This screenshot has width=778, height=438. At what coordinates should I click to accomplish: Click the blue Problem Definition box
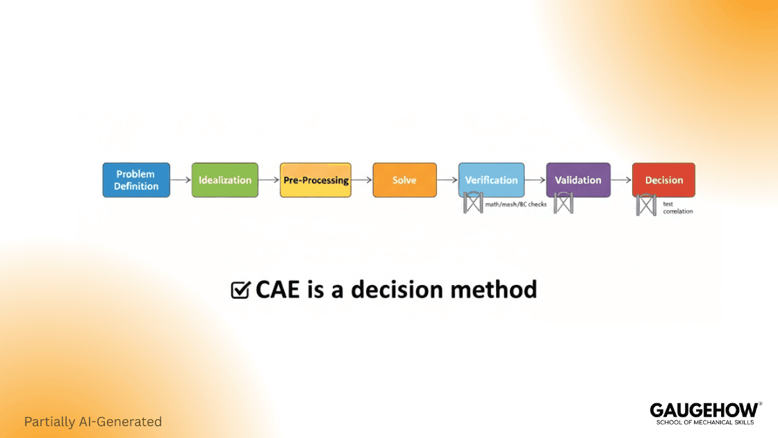coord(136,180)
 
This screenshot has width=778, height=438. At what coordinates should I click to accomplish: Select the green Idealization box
coord(225,180)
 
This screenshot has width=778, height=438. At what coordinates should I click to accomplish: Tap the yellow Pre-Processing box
coord(315,180)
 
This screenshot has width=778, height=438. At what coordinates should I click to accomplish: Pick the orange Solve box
coord(404,180)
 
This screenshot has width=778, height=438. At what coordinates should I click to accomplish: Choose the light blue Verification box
coord(491,180)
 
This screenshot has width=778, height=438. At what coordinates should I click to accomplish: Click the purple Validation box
coord(578,180)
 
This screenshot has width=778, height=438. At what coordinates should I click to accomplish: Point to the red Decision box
coord(663,180)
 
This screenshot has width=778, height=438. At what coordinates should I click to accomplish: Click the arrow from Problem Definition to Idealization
coord(181,180)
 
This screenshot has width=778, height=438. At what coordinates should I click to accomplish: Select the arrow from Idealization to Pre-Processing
coord(269,180)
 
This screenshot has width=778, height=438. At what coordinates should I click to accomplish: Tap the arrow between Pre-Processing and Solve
coord(362,180)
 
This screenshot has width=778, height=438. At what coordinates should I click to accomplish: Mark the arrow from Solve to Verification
coord(447,180)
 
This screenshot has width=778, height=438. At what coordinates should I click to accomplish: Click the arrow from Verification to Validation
coord(535,180)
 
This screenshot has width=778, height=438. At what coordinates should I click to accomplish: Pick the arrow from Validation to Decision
coord(621,180)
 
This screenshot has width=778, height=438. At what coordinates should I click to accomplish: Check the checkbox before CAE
coord(240,289)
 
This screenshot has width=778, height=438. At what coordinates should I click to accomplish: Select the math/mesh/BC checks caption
coord(516,204)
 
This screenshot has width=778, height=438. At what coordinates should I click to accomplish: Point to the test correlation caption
coord(677,208)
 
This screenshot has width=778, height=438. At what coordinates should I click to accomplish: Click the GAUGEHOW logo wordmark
coord(704,409)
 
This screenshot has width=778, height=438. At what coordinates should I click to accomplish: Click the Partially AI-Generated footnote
coord(93,422)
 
